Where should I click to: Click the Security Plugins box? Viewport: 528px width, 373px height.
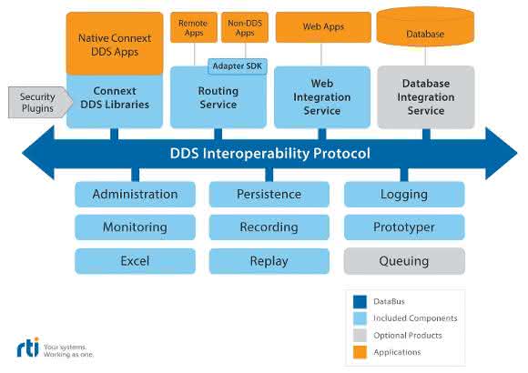[x=40, y=102]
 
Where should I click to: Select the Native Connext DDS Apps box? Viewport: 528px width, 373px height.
[x=115, y=44]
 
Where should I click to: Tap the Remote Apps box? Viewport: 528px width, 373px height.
[x=194, y=27]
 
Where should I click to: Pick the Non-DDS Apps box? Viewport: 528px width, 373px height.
[x=245, y=27]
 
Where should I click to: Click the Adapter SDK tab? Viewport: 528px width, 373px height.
[x=238, y=66]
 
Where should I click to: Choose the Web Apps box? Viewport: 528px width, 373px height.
[x=323, y=27]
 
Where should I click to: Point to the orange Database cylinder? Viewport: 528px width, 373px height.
[x=425, y=27]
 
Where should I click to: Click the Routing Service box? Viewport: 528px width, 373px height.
[x=218, y=97]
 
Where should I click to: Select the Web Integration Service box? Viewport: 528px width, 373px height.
[x=322, y=97]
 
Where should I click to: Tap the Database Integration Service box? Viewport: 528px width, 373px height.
[x=426, y=97]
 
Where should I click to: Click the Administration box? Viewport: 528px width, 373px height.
[x=135, y=195]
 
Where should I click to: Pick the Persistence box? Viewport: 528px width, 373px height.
[x=269, y=195]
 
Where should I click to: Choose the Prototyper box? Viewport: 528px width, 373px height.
[x=404, y=227]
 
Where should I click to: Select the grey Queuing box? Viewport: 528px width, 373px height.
[x=404, y=261]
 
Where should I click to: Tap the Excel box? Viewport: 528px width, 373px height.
[x=135, y=261]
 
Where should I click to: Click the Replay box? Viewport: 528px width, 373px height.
[x=269, y=261]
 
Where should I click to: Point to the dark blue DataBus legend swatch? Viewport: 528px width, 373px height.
[x=360, y=302]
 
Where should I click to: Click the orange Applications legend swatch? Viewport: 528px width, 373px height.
[x=360, y=352]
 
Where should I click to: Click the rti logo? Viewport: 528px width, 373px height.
[x=28, y=348]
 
